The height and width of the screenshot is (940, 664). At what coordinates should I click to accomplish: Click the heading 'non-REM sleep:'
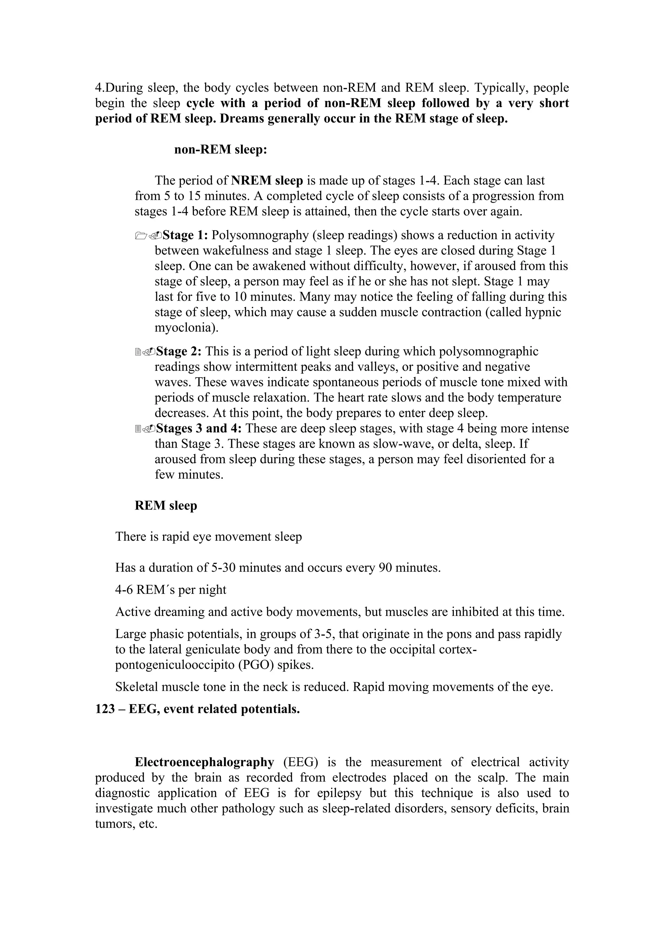click(x=220, y=150)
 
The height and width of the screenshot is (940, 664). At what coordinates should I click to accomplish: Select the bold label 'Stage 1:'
click(x=186, y=235)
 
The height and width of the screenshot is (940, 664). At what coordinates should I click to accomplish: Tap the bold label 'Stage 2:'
click(x=179, y=351)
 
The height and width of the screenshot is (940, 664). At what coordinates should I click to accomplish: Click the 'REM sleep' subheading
click(x=166, y=506)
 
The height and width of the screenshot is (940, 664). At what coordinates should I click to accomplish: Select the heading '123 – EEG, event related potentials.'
click(x=197, y=709)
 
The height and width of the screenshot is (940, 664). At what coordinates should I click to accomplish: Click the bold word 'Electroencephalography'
click(x=205, y=762)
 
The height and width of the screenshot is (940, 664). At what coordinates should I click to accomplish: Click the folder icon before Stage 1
click(x=141, y=236)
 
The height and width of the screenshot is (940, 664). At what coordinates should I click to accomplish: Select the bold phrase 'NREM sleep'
click(x=267, y=181)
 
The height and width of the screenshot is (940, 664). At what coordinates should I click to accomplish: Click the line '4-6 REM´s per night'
click(x=171, y=590)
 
